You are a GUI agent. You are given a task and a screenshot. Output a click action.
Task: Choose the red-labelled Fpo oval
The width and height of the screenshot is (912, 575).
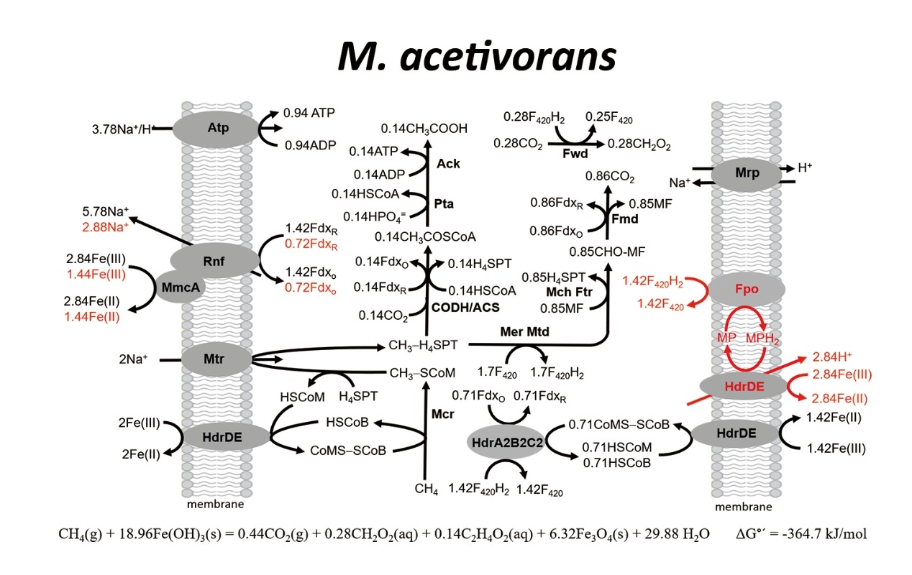[746, 289]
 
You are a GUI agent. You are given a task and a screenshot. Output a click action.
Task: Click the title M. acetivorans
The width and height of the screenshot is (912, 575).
[476, 57]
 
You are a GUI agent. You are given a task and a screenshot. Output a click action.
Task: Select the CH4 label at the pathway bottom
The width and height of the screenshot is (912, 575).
[426, 489]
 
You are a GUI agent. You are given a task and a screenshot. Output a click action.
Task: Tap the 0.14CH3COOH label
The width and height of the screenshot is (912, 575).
[424, 128]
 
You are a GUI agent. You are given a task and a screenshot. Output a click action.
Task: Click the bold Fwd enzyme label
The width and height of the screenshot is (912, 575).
[575, 153]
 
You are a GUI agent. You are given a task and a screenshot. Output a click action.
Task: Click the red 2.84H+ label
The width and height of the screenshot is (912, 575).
[832, 356]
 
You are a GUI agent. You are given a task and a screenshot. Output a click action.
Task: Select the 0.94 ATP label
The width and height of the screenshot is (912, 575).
[309, 113]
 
